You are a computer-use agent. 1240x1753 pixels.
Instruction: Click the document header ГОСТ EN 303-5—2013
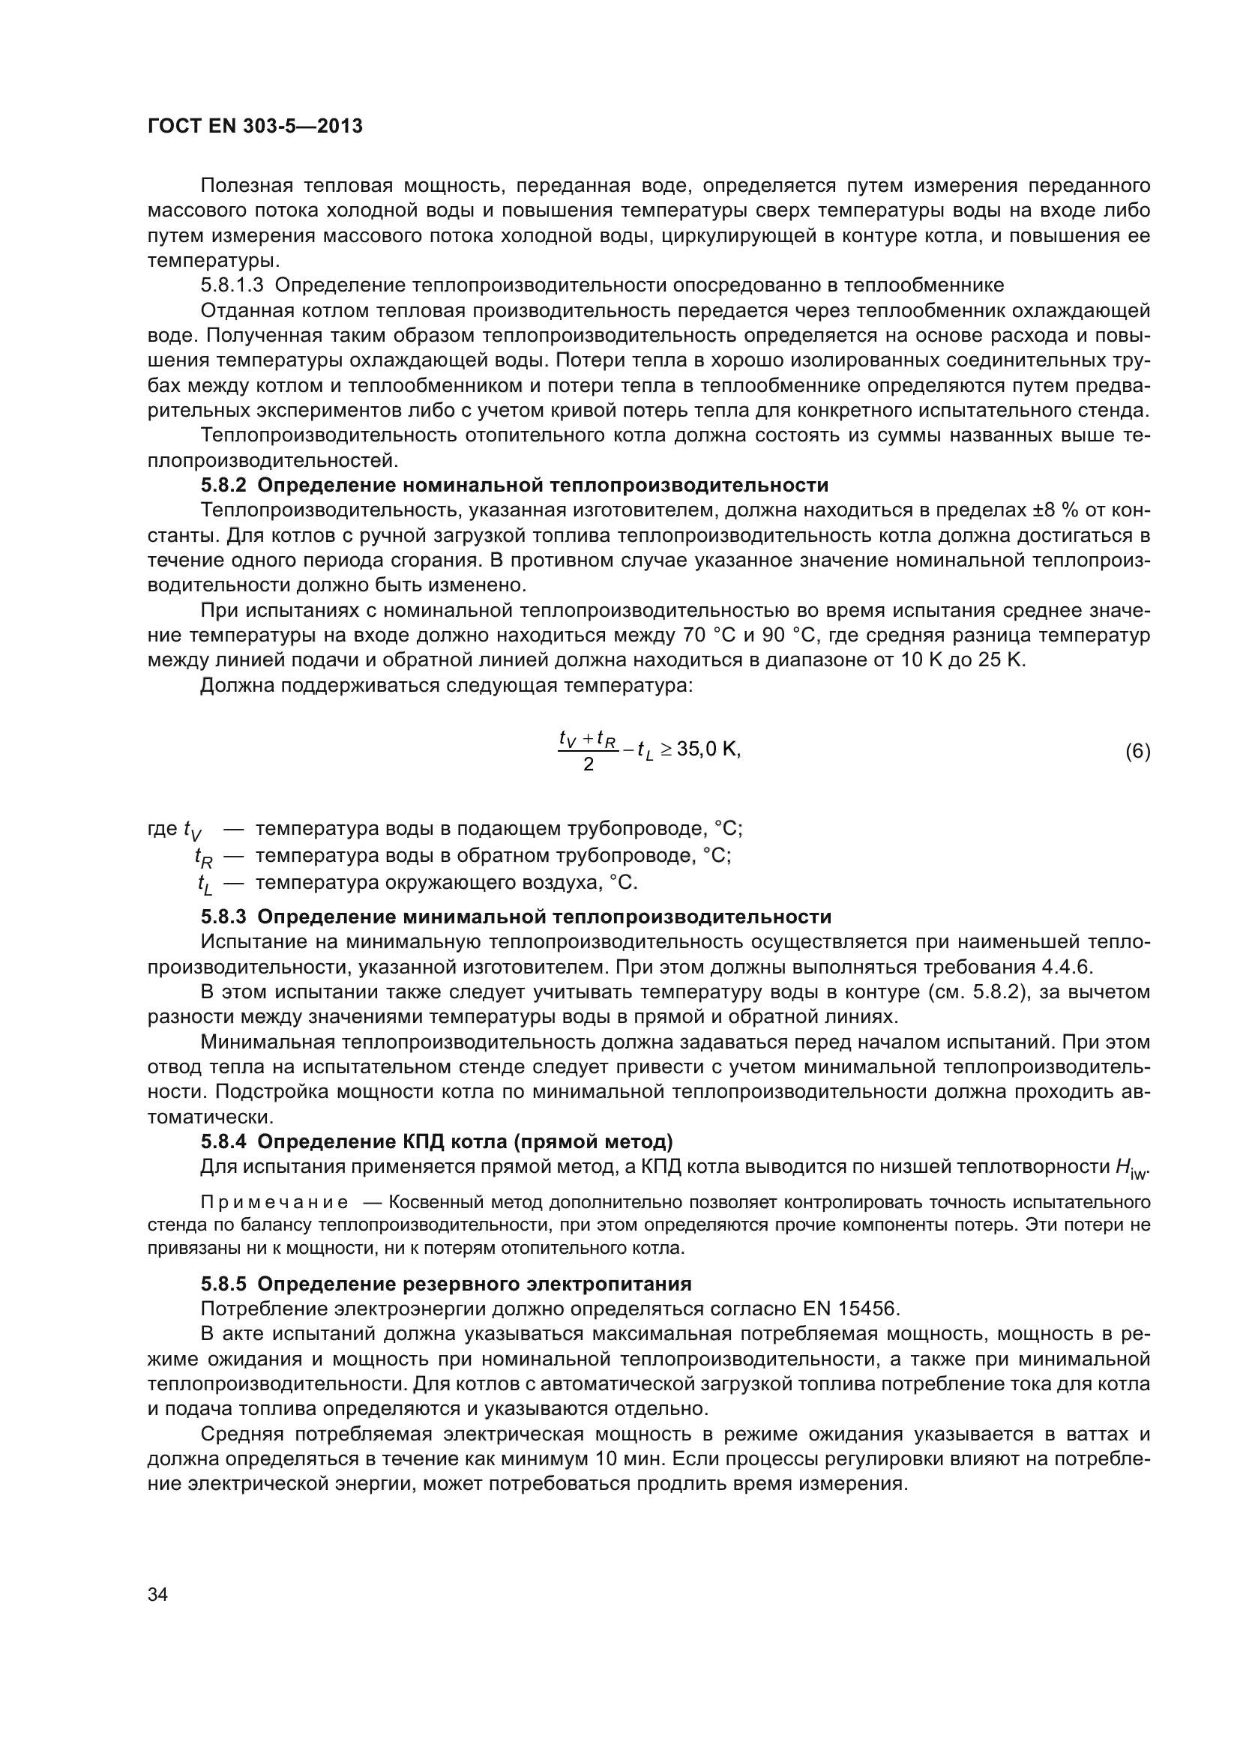tap(255, 126)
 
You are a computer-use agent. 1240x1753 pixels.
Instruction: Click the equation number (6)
tap(1137, 751)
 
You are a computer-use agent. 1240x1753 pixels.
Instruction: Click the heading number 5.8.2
tap(223, 486)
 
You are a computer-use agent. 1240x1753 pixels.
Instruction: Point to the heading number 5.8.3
tap(223, 916)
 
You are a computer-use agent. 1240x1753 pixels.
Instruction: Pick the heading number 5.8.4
tap(223, 1141)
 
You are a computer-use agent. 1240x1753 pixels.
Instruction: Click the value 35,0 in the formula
tap(696, 749)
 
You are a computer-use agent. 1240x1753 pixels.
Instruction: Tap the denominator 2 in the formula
tap(588, 764)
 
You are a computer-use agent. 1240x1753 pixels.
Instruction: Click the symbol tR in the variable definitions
tap(203, 857)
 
